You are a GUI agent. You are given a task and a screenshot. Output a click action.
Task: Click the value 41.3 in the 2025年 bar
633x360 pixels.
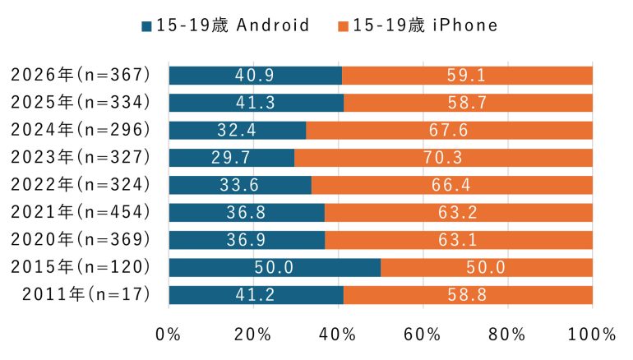coord(256,103)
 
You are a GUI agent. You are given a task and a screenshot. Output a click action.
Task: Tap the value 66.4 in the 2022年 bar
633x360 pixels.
coord(452,185)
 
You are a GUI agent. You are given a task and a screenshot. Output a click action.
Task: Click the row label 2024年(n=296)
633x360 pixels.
coord(81,130)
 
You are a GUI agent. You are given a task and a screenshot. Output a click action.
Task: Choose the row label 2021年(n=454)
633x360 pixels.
coord(81,213)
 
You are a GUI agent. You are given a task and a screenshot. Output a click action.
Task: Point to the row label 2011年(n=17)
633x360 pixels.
coord(81,295)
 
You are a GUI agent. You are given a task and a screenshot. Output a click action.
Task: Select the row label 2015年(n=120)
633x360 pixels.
coord(81,268)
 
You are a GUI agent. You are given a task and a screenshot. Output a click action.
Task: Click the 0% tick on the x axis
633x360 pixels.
coord(169,335)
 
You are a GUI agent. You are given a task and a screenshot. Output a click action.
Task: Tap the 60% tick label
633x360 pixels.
coord(423,335)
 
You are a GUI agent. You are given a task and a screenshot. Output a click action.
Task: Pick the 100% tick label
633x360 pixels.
coord(591,335)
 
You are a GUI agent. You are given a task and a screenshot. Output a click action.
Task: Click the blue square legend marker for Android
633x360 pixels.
coord(148,25)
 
